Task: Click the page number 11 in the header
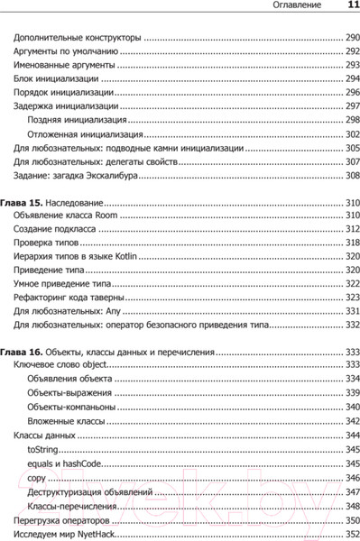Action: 349,7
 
